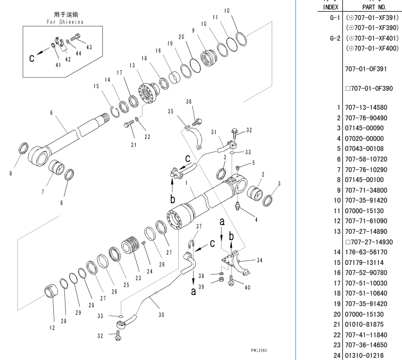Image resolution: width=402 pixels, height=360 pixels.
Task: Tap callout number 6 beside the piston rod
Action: point(52,113)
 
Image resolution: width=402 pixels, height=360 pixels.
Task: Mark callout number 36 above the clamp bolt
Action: point(189,101)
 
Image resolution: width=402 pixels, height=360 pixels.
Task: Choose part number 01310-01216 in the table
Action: point(365,356)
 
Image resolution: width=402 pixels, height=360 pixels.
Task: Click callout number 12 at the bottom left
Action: point(52,328)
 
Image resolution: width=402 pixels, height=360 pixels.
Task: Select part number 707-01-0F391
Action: point(365,69)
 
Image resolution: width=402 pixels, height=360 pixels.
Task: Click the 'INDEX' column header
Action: point(330,7)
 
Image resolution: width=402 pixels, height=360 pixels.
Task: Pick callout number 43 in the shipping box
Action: point(89,47)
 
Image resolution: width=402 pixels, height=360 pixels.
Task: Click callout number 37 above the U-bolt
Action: point(199,226)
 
